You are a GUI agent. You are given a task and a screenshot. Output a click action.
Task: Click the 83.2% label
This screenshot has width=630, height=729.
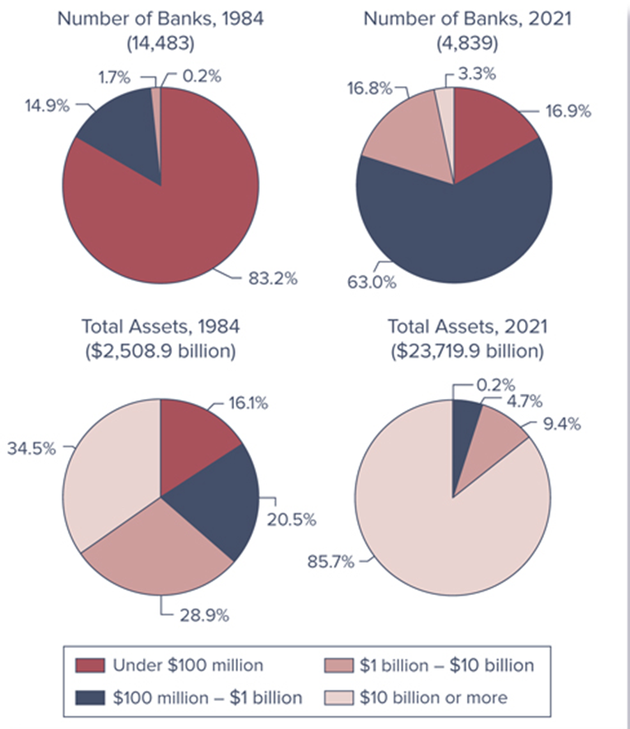[x=273, y=279]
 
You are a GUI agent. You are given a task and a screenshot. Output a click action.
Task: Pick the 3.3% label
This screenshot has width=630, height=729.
[x=476, y=74]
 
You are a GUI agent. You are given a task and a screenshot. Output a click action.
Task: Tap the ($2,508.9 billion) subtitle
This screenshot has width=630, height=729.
[x=160, y=350]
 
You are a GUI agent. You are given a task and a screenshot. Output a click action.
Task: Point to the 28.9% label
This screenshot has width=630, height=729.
[x=204, y=615]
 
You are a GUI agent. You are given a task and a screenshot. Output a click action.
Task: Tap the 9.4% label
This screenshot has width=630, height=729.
[x=561, y=425]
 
